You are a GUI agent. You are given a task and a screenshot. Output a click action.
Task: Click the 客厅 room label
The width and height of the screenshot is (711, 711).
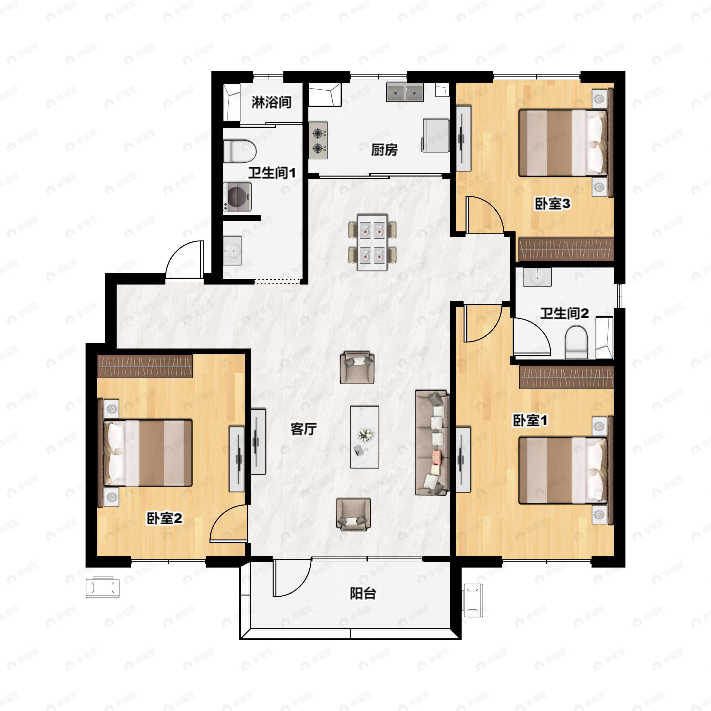[x=303, y=429]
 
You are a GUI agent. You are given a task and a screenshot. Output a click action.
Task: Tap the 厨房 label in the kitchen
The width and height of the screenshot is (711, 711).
[x=384, y=150]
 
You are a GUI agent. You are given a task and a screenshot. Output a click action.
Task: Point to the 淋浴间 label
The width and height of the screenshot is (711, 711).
[x=271, y=102]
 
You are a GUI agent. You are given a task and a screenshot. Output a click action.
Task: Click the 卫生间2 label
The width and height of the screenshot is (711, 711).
[x=564, y=313]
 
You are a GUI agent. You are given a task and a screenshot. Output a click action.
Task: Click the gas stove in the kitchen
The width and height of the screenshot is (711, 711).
[x=318, y=140]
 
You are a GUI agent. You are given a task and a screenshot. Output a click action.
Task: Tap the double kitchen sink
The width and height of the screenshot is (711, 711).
[x=404, y=92]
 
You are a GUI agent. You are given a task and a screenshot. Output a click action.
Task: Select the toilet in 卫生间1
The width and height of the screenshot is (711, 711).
[x=240, y=151]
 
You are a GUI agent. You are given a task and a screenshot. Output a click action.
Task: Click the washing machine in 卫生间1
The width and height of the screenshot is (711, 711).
[x=237, y=197]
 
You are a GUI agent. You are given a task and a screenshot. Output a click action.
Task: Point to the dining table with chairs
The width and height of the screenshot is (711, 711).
[x=372, y=242]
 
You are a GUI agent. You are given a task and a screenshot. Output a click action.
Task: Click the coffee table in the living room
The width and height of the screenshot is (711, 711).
[x=364, y=437]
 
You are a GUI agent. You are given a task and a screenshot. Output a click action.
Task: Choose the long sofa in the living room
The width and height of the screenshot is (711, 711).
[x=432, y=443]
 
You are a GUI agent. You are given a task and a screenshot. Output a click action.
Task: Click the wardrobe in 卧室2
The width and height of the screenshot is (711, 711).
[x=145, y=366]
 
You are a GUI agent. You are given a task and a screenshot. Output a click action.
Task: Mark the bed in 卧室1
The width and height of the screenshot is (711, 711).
[x=562, y=470]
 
